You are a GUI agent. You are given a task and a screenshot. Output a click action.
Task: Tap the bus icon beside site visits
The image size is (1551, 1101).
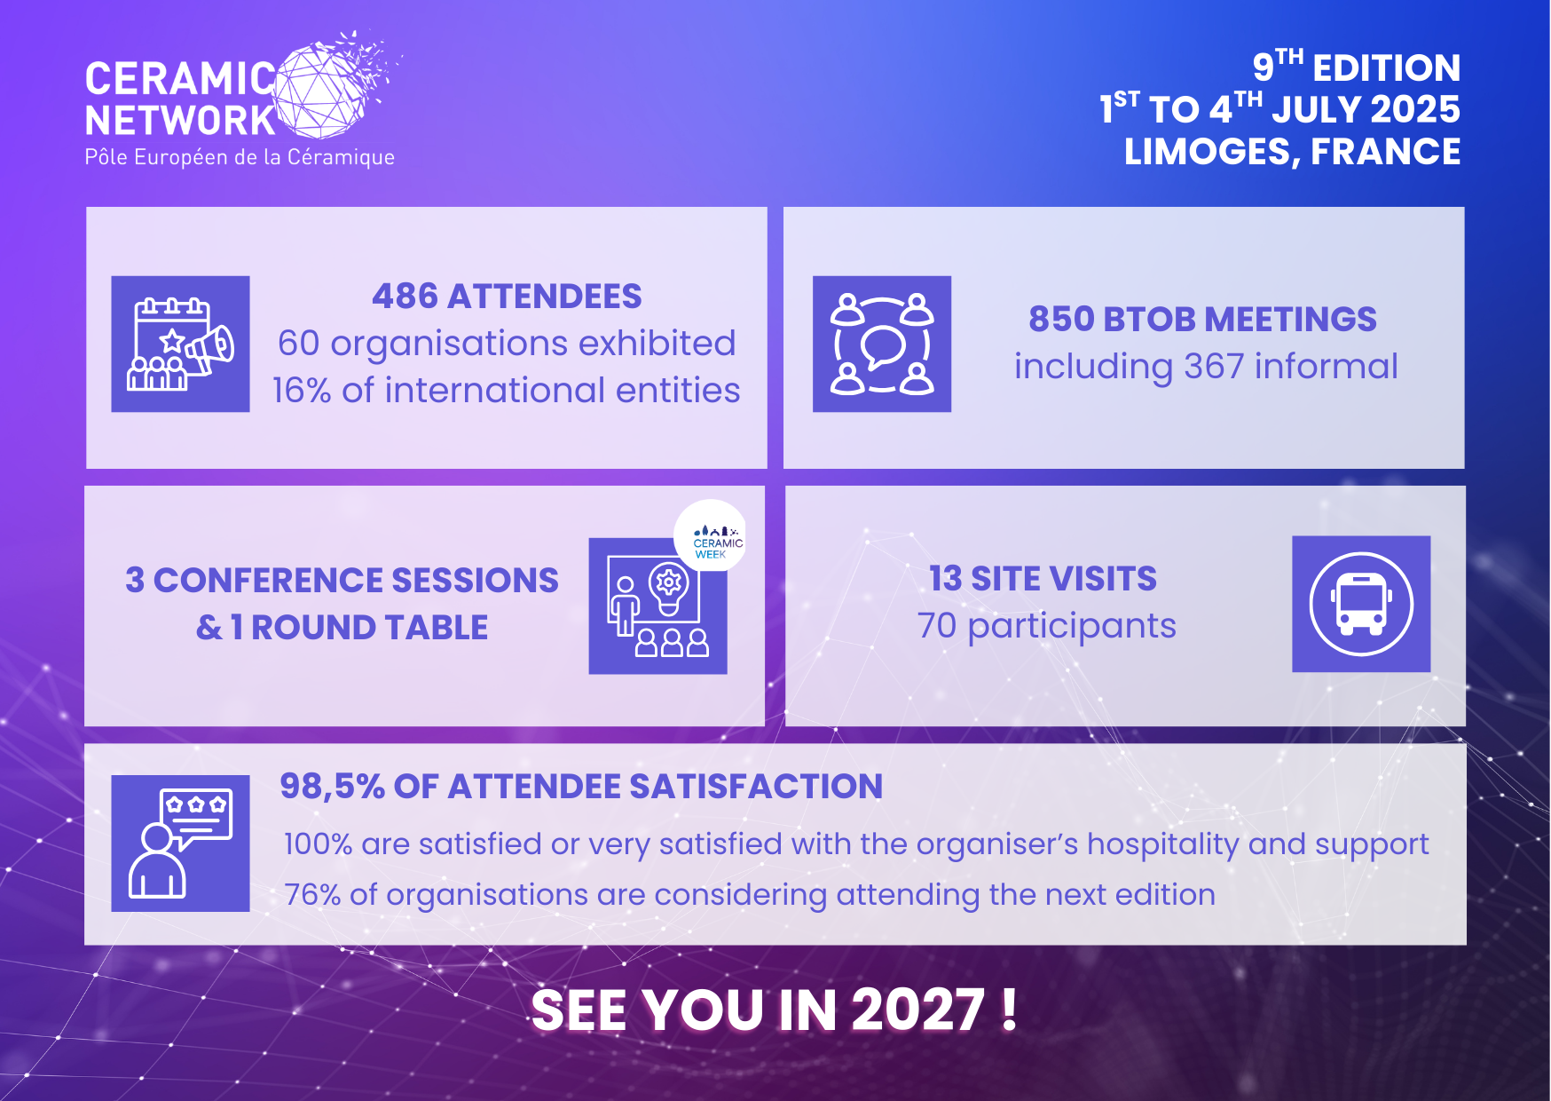pyautogui.click(x=1360, y=604)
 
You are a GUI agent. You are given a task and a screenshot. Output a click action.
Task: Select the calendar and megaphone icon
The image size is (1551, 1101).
pyautogui.click(x=180, y=345)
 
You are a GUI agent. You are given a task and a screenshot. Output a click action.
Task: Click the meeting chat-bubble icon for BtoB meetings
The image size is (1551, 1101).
pyautogui.click(x=881, y=345)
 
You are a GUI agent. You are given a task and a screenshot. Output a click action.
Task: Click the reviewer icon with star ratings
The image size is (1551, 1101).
pyautogui.click(x=180, y=843)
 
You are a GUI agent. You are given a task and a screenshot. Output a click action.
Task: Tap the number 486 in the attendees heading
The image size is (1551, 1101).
pyautogui.click(x=405, y=297)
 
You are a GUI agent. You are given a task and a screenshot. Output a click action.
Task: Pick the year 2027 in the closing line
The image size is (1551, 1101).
pyautogui.click(x=917, y=1010)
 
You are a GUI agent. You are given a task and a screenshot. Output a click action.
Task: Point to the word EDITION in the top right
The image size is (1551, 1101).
pyautogui.click(x=1386, y=68)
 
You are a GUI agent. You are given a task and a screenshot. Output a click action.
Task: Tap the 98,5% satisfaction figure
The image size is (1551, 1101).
pyautogui.click(x=332, y=787)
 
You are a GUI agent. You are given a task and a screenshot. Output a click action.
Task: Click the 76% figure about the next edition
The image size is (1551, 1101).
pyautogui.click(x=311, y=895)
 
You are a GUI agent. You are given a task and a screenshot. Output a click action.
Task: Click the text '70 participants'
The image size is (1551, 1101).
pyautogui.click(x=1046, y=626)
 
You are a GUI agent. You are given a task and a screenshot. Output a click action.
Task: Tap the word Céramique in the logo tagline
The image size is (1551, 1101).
pyautogui.click(x=341, y=157)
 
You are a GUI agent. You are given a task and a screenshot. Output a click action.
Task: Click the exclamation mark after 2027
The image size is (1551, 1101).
pyautogui.click(x=1009, y=1010)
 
